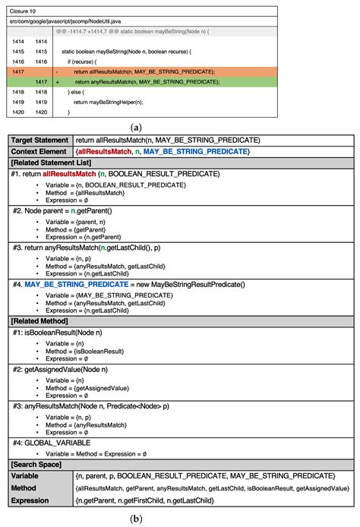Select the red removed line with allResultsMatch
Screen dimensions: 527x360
click(x=144, y=71)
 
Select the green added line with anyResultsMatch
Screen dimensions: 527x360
click(x=144, y=80)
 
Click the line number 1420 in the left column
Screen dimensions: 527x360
click(x=19, y=112)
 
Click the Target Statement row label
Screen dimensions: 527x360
click(x=39, y=140)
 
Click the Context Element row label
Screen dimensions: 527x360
click(x=39, y=152)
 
